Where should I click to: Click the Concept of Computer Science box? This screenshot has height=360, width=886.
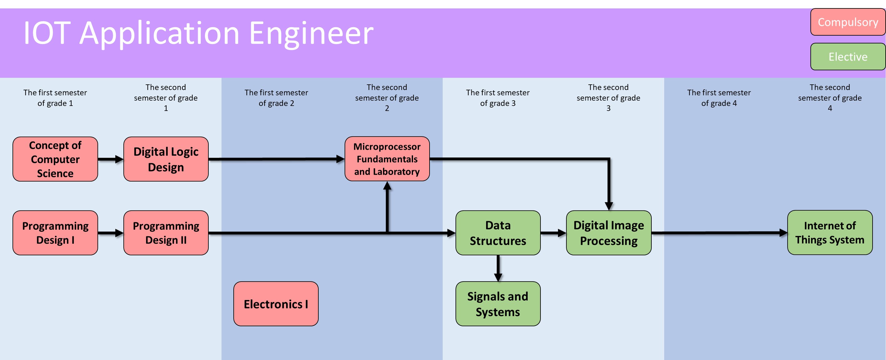[55, 159]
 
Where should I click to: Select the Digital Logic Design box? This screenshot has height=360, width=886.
[166, 159]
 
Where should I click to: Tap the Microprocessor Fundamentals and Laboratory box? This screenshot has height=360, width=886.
[387, 159]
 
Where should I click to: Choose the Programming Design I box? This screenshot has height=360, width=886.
[55, 233]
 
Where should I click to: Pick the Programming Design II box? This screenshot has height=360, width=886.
[166, 233]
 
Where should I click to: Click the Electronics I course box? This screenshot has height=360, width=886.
[276, 304]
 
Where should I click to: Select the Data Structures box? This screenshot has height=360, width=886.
[498, 233]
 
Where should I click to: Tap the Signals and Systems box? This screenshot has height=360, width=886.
[498, 304]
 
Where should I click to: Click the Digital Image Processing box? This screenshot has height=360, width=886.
[609, 233]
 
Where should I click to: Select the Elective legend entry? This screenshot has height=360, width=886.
[848, 57]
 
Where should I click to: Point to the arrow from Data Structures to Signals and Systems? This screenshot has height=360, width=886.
[498, 269]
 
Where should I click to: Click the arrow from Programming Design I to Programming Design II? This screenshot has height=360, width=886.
[110, 233]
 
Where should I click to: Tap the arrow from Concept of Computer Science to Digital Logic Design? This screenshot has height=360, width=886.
[110, 159]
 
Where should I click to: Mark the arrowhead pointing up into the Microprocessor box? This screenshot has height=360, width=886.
[387, 186]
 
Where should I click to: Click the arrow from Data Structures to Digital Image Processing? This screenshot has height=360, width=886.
[553, 233]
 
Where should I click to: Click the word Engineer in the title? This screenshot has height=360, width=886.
[311, 33]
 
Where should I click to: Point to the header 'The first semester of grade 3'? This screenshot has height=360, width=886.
[498, 98]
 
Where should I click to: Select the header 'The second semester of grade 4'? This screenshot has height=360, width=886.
[829, 98]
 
